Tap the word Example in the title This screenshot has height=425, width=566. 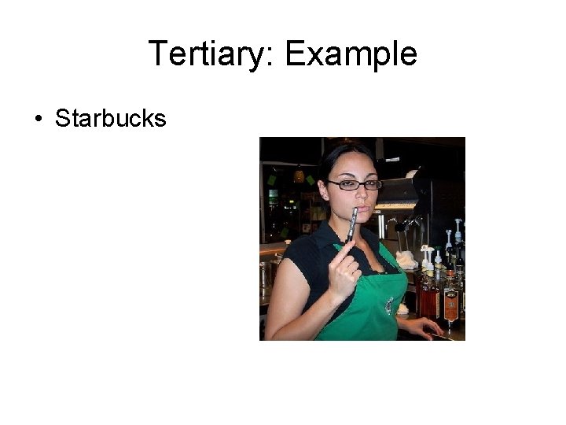click(x=351, y=54)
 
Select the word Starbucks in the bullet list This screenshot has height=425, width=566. click(x=111, y=119)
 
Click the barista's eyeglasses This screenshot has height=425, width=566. click(x=353, y=184)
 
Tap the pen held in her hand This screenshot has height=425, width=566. click(x=352, y=224)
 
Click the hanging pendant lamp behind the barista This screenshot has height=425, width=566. click(x=299, y=175)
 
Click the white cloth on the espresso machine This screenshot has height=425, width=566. click(x=406, y=258)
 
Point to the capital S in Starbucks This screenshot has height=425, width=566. click(x=62, y=119)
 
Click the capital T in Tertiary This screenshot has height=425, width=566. click(x=156, y=54)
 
